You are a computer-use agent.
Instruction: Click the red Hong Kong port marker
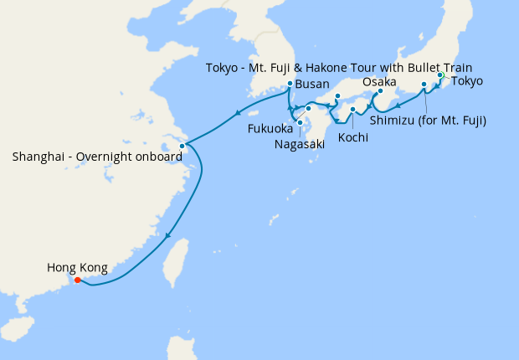77,280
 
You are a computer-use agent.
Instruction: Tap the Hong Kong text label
77,268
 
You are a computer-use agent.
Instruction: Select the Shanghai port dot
182,146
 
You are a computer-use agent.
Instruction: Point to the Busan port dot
290,84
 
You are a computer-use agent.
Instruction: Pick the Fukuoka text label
270,130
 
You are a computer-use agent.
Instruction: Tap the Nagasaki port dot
300,122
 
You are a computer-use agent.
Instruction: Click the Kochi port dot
353,109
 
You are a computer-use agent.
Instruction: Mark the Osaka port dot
380,91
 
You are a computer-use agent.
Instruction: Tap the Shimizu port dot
424,85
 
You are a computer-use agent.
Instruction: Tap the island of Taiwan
174,260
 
